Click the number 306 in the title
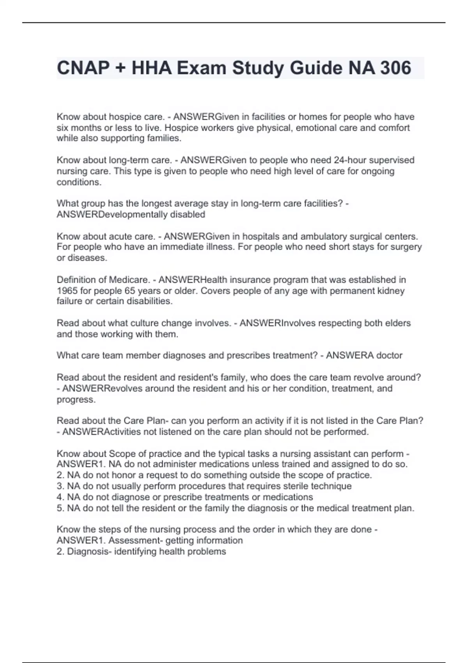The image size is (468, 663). (x=395, y=68)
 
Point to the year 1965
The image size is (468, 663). (x=67, y=291)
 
